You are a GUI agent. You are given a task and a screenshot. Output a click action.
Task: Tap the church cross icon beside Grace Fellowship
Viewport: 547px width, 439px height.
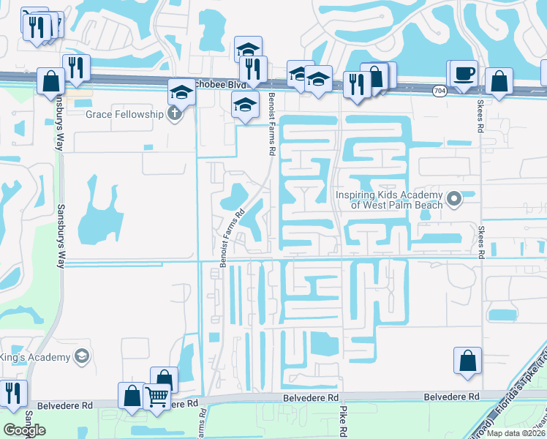(173, 114)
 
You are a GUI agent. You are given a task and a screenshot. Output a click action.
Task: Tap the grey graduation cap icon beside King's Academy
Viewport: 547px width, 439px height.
(82, 357)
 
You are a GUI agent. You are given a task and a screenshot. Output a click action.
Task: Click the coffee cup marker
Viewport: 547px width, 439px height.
(464, 73)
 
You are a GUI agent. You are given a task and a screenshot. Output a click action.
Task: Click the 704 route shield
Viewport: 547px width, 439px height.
(439, 91)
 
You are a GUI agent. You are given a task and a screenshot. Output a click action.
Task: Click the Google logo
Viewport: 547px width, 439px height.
(24, 430)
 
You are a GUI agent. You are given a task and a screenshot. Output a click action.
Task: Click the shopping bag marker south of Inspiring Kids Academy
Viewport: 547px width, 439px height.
(467, 361)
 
